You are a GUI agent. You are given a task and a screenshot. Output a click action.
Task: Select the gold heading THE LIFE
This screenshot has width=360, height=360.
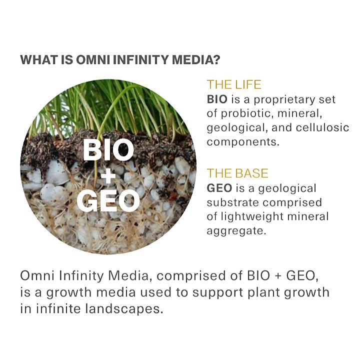coord(234,84)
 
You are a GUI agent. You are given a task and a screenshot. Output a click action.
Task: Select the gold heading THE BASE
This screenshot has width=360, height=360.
coord(237,173)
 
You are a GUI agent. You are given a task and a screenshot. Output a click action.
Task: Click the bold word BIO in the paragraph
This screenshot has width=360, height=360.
coord(217,99)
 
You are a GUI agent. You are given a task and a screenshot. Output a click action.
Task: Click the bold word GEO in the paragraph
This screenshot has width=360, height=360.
coord(219,188)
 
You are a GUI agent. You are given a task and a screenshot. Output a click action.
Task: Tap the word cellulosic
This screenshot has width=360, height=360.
coord(322,127)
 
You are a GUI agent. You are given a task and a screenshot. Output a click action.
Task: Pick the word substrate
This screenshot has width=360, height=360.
coord(233,202)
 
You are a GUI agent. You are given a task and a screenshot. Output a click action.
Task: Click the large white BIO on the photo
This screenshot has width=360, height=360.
coord(108,150)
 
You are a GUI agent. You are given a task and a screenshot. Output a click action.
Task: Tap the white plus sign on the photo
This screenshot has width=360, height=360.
coord(108,175)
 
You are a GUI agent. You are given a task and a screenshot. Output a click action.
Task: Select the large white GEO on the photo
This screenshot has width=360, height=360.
coord(108,201)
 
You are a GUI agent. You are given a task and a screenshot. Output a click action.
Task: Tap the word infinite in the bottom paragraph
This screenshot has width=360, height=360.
coord(58,308)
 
